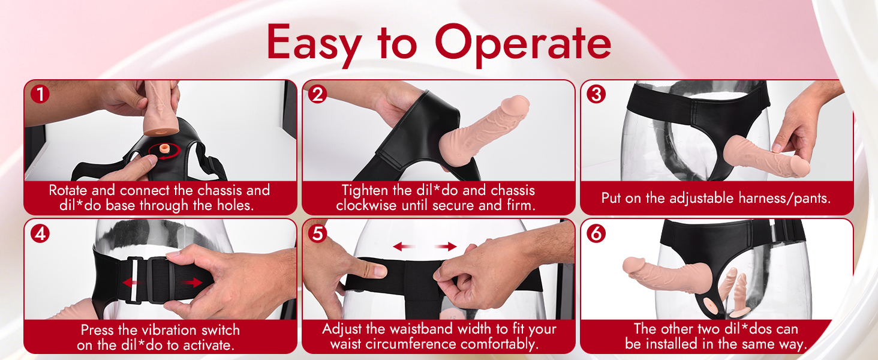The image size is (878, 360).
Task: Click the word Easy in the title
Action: [314, 44]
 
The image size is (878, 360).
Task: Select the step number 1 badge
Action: [40, 95]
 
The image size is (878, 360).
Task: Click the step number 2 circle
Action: [317, 95]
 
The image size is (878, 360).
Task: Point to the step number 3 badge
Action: [596, 95]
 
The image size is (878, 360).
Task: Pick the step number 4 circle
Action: [40, 234]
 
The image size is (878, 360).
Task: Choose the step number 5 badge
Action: [317, 234]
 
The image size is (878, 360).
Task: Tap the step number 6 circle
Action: [596, 234]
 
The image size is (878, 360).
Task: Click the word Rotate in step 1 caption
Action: [68, 190]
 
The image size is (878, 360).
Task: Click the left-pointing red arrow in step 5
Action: [404, 246]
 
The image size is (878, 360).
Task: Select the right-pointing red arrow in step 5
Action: [446, 246]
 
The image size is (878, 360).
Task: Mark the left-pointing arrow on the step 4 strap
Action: [133, 283]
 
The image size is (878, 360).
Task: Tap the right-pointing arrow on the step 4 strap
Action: [192, 283]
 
